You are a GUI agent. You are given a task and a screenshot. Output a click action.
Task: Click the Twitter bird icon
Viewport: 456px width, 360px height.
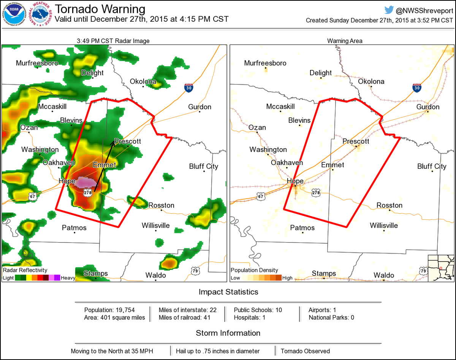(x=389, y=10)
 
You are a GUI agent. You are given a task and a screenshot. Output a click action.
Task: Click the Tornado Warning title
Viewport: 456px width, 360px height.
(x=100, y=9)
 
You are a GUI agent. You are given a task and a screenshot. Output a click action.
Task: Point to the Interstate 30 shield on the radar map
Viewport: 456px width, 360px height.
(x=189, y=87)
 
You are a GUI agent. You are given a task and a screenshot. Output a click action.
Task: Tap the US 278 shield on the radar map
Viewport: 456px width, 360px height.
(x=88, y=193)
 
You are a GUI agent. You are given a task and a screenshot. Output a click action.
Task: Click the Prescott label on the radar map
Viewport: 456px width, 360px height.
(x=128, y=141)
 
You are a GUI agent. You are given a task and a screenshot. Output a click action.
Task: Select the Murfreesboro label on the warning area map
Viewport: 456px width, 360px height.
(x=265, y=63)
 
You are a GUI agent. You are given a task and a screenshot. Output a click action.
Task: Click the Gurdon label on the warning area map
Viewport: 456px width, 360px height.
(x=428, y=107)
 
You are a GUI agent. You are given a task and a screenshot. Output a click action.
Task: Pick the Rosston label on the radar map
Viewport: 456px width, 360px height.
(x=161, y=205)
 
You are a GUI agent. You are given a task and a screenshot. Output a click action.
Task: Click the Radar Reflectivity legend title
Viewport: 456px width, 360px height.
(x=25, y=270)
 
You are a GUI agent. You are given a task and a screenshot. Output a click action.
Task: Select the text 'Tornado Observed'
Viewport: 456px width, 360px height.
(x=305, y=351)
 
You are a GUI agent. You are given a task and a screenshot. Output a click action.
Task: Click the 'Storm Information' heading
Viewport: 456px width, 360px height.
(x=228, y=333)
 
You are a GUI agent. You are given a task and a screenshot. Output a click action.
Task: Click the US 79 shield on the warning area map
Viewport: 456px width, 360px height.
(x=423, y=270)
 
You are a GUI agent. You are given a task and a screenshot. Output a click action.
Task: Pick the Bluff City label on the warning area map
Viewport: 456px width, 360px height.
(x=432, y=167)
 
